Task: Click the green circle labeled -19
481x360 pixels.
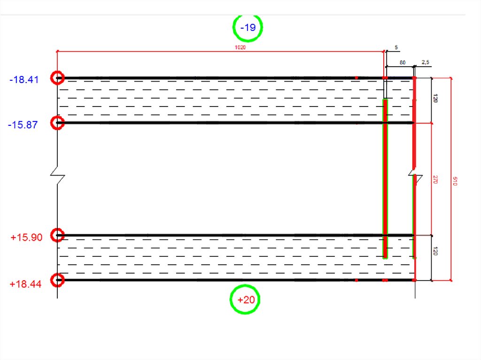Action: tap(248, 28)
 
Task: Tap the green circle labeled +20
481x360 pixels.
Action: tap(245, 299)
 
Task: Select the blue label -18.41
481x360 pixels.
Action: tap(23, 80)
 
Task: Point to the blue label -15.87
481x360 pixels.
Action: tap(23, 125)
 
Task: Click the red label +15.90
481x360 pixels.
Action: tap(26, 237)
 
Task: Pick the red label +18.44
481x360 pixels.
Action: tap(25, 283)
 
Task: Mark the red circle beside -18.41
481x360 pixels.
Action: tap(57, 78)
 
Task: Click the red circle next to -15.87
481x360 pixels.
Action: tap(57, 123)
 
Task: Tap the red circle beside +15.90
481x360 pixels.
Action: tap(57, 235)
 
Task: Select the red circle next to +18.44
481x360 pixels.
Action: tap(57, 280)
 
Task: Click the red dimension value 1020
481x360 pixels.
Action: tap(240, 47)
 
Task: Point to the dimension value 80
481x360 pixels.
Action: tap(403, 62)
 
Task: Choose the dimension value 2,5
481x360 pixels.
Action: tap(425, 62)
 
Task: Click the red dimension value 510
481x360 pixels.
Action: tap(454, 181)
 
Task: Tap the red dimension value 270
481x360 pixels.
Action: tap(435, 179)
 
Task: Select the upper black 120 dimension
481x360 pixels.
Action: tap(435, 99)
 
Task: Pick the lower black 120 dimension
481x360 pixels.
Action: tap(435, 252)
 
